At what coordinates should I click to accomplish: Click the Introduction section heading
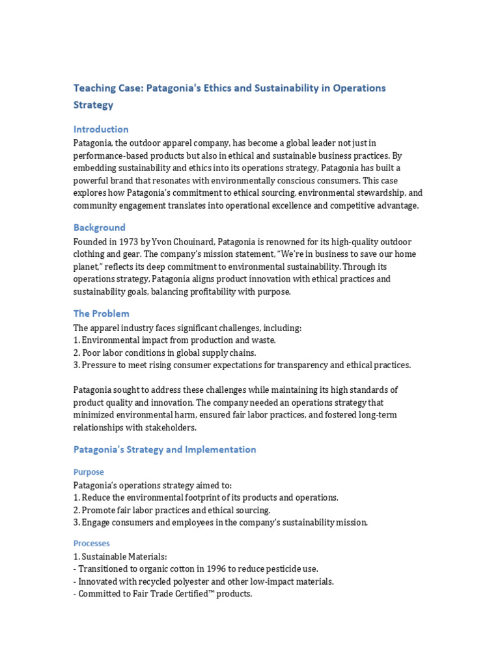(101, 129)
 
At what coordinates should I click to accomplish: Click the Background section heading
(99, 228)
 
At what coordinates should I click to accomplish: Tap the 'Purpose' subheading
(89, 472)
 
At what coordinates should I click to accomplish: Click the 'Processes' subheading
(92, 543)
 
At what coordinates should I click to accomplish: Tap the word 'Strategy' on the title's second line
(93, 104)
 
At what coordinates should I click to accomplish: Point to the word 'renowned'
(285, 241)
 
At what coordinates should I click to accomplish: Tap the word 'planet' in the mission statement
(89, 266)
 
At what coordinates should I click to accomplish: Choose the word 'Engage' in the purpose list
(96, 522)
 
